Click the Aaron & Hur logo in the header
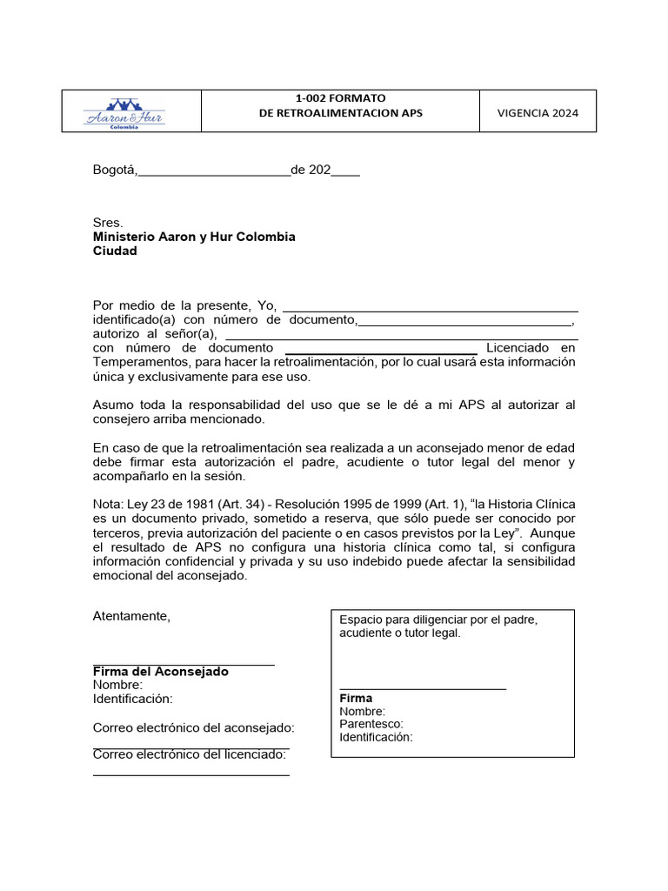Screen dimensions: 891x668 124,112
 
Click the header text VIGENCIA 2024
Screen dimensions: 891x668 538,113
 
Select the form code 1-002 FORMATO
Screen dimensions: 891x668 341,98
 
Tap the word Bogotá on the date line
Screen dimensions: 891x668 115,170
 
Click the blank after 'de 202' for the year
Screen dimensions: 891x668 345,171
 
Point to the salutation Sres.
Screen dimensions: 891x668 108,223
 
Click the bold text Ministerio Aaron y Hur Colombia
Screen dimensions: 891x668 194,237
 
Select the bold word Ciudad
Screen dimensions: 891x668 115,251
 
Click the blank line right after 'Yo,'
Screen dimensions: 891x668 431,307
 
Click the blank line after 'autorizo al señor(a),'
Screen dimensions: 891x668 401,335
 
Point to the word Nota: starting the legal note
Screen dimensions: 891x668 109,505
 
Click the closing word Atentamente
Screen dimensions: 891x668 132,616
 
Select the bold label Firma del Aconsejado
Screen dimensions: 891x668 161,672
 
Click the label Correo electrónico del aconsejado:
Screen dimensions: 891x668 193,727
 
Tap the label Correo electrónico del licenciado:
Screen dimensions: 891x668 190,754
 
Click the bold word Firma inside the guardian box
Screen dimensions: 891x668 356,698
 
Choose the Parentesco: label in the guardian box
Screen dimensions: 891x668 371,724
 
